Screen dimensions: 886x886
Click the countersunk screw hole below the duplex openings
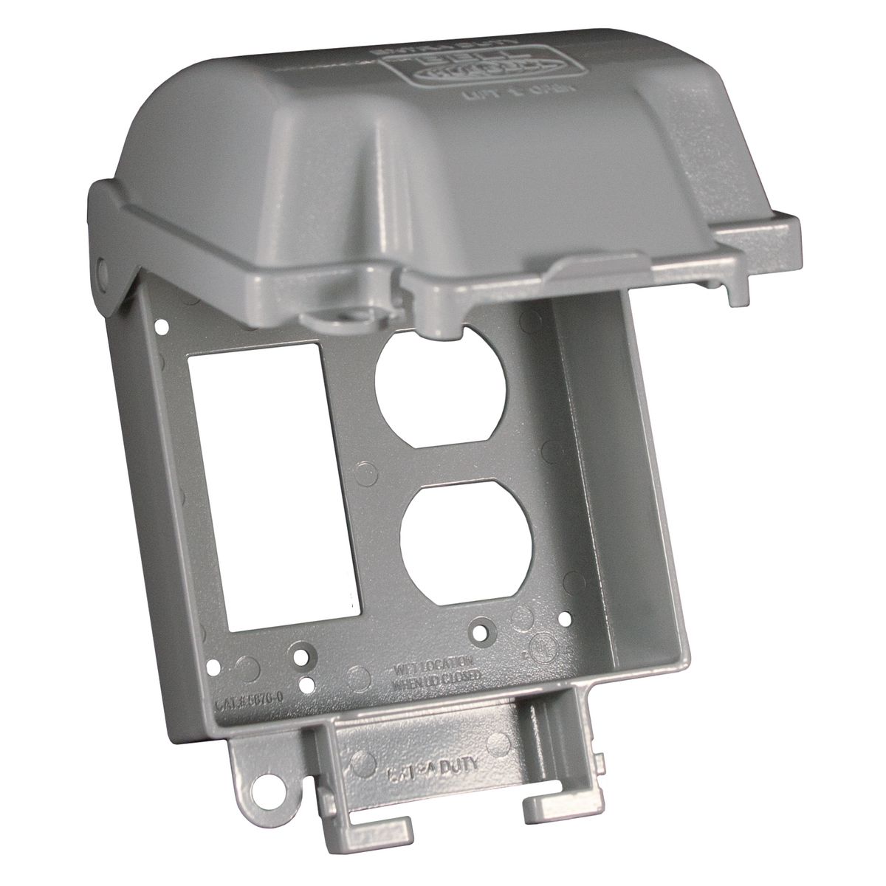(x=481, y=633)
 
